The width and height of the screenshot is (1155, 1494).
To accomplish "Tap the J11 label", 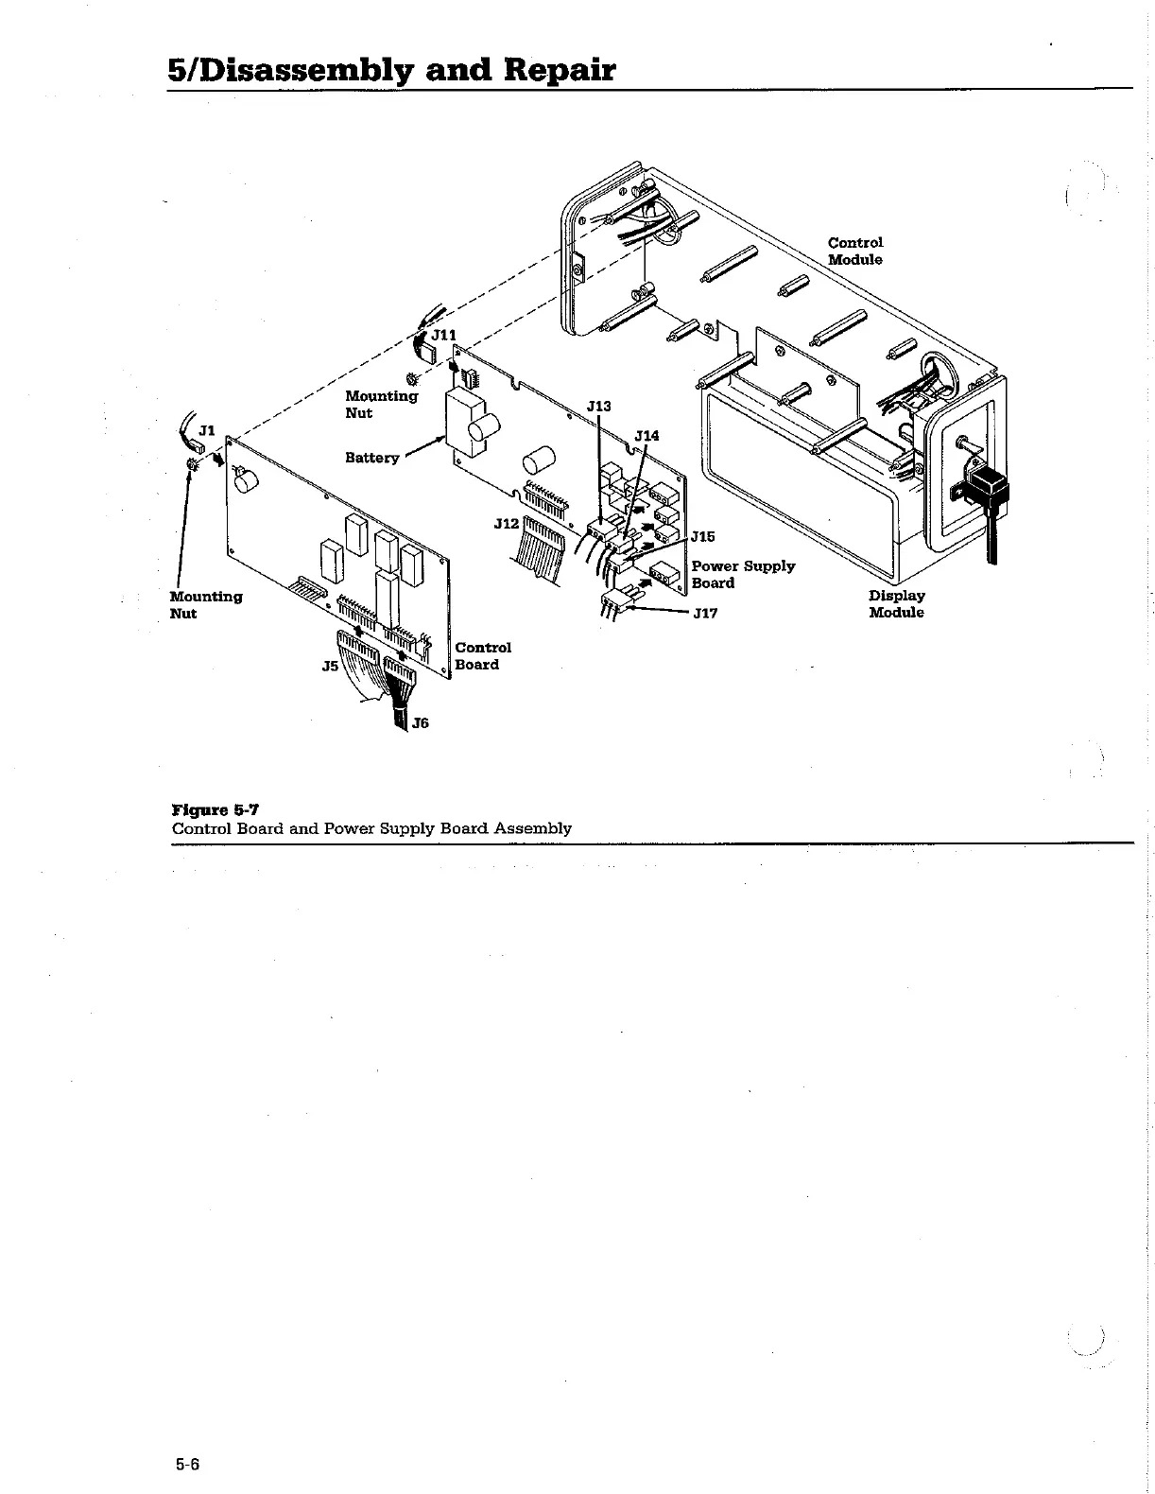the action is pyautogui.click(x=443, y=336).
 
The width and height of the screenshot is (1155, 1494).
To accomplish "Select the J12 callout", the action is pyautogui.click(x=506, y=523).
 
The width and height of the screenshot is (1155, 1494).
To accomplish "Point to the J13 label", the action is pyautogui.click(x=598, y=407).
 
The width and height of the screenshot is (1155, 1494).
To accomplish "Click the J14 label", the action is pyautogui.click(x=646, y=436).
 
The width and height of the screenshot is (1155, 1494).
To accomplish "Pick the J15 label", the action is pyautogui.click(x=703, y=537).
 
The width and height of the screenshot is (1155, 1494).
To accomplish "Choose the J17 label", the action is pyautogui.click(x=705, y=614).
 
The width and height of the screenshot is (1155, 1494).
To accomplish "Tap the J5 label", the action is pyautogui.click(x=330, y=667).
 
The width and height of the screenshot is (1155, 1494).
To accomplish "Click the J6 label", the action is pyautogui.click(x=421, y=723).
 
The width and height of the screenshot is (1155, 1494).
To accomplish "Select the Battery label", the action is pyautogui.click(x=371, y=458).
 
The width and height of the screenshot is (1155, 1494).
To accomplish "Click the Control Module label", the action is pyautogui.click(x=855, y=252).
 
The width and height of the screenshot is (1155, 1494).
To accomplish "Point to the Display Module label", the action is pyautogui.click(x=896, y=604).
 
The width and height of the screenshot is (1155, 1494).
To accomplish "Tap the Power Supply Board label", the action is pyautogui.click(x=743, y=574).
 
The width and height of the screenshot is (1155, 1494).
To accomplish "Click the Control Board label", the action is pyautogui.click(x=483, y=656).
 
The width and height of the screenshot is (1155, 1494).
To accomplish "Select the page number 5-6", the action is pyautogui.click(x=187, y=1465).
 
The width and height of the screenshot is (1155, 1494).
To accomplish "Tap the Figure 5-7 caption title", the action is pyautogui.click(x=215, y=809).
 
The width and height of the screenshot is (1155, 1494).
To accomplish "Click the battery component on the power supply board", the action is pyautogui.click(x=471, y=422).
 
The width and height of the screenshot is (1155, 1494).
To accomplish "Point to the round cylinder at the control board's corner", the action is pyautogui.click(x=248, y=483).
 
